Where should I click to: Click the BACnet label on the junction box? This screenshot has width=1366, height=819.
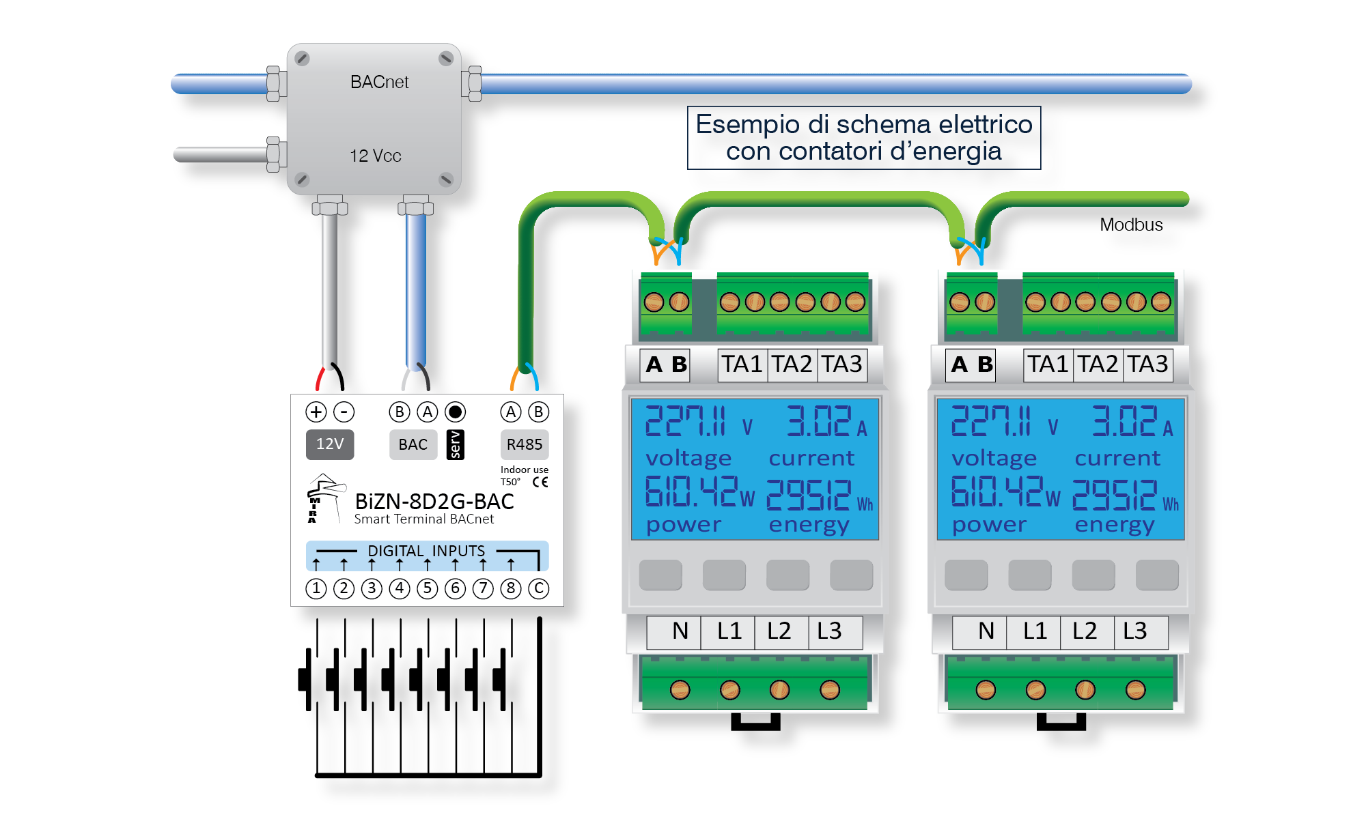coord(379,82)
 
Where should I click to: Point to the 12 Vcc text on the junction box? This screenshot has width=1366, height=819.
coord(376,156)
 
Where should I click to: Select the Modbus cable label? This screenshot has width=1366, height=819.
coord(1131,225)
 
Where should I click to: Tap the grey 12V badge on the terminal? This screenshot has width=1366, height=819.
coord(330,444)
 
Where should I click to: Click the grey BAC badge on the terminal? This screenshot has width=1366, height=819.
coord(413,444)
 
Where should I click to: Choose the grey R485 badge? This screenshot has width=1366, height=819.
coord(525,444)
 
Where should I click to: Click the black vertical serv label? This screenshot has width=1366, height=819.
coord(455,444)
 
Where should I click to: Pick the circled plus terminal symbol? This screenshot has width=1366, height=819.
coord(316,412)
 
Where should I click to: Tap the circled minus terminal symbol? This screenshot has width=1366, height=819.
coord(344,412)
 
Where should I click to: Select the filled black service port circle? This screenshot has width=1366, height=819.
coord(456,412)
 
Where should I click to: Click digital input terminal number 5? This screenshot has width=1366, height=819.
coord(428,588)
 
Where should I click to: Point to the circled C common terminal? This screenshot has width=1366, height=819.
coord(539,588)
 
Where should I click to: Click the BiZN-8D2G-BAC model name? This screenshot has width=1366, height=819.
coord(434,502)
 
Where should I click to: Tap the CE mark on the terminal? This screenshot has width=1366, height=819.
coord(540,482)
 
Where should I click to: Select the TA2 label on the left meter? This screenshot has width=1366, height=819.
coord(792,364)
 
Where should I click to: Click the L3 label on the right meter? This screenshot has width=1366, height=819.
coord(1135,631)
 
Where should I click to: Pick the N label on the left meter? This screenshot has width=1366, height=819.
coord(680,631)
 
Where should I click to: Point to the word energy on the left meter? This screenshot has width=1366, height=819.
coord(809,526)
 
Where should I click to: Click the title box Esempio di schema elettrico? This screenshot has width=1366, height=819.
coord(864,138)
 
